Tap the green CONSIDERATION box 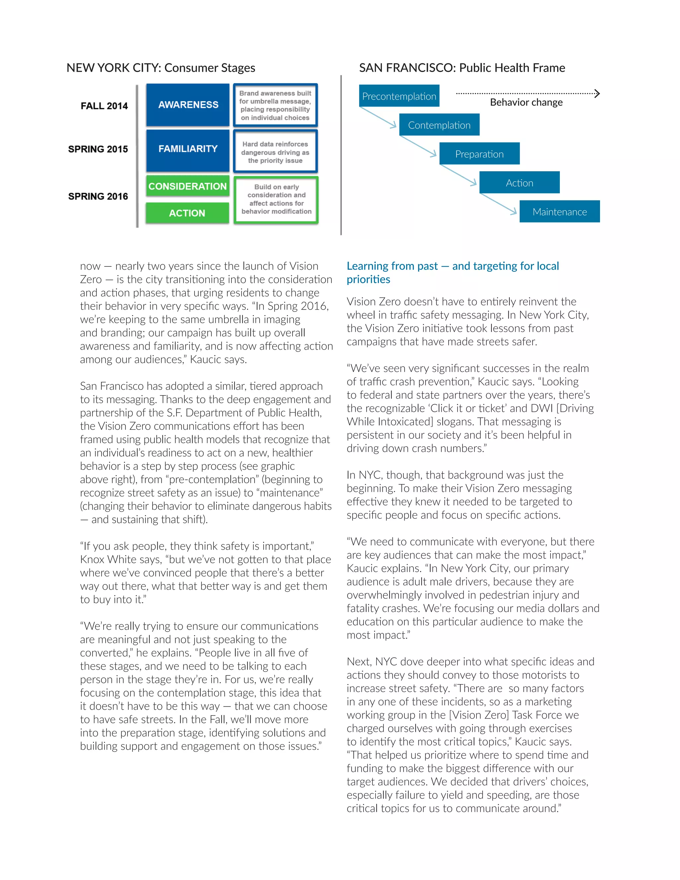coord(188,186)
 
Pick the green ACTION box coord(187,213)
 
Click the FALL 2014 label coord(104,106)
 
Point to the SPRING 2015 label coord(98,149)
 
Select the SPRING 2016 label coord(98,196)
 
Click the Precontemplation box coord(399,96)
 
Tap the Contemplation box coord(439,125)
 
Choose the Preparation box coord(479,154)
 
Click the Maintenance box coord(559,212)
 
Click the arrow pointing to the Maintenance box coord(498,204)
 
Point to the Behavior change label coord(526,102)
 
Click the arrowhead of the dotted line coord(597,94)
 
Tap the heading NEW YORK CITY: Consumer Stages coord(161,68)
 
